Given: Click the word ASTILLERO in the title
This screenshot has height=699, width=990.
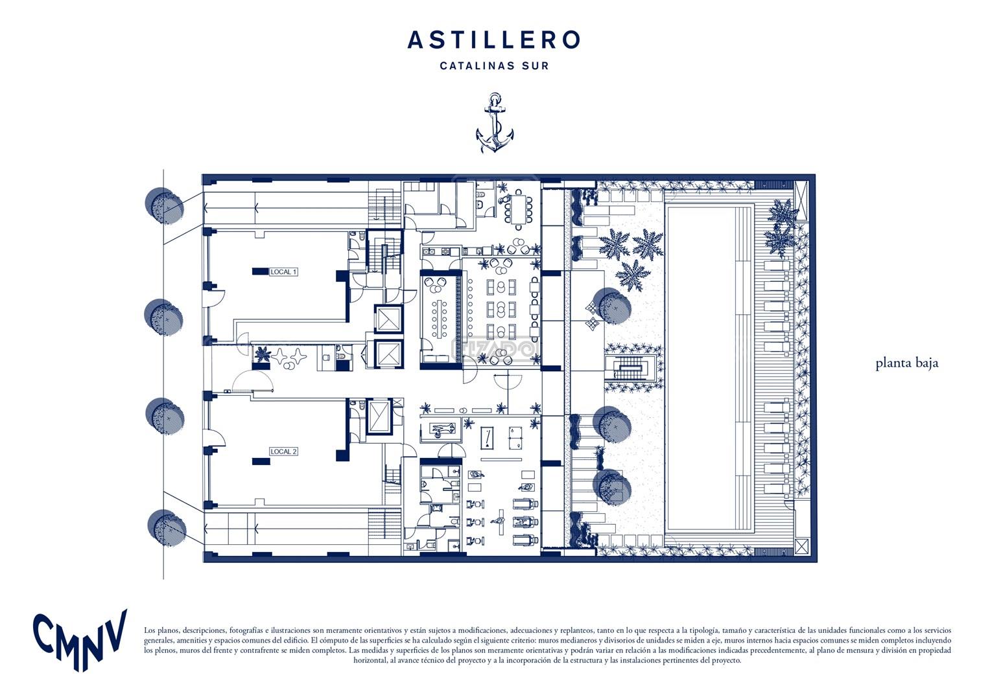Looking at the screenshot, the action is [493, 40].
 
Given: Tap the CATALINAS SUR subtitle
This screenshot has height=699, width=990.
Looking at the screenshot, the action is [494, 66].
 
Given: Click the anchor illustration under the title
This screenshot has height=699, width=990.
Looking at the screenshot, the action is [495, 122].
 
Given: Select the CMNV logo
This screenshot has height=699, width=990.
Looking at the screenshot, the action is [80, 640].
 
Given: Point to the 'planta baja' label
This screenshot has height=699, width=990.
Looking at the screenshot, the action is [906, 363].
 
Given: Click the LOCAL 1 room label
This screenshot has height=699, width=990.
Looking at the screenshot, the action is [283, 272].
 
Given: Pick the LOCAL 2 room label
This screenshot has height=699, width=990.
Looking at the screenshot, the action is [283, 452].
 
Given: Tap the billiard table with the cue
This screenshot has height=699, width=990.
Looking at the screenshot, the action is [488, 437].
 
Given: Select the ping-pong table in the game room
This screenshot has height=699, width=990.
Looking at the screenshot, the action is [514, 437].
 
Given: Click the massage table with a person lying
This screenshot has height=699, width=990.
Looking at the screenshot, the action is [441, 429].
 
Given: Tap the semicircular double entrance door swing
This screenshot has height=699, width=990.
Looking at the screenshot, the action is [252, 380].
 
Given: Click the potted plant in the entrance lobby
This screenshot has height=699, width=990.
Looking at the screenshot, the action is [263, 354].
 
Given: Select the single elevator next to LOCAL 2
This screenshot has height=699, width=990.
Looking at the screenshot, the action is [379, 416].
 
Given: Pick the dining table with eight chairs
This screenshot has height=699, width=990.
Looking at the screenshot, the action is [518, 209].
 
